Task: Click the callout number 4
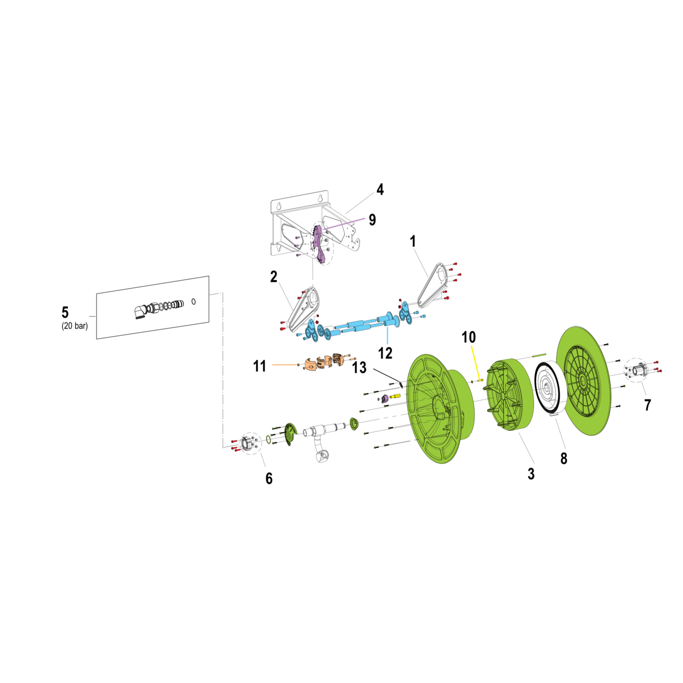click(x=379, y=189)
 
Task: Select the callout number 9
click(x=372, y=220)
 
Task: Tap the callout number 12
click(x=385, y=353)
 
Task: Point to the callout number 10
click(x=468, y=337)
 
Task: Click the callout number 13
click(x=359, y=368)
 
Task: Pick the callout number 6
click(x=269, y=479)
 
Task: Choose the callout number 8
click(x=563, y=458)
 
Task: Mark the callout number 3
click(x=531, y=473)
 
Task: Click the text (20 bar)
click(x=75, y=325)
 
